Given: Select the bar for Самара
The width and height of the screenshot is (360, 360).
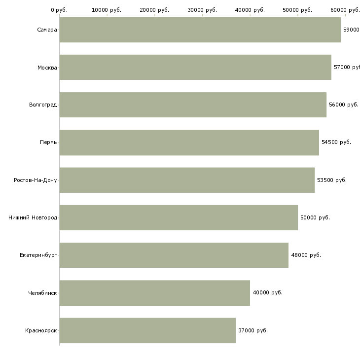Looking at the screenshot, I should (200, 30).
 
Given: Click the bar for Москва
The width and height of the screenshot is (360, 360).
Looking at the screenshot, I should (195, 67).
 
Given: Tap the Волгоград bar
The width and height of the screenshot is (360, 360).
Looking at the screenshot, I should (193, 105).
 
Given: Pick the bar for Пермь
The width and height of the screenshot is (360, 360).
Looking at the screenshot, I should (189, 143).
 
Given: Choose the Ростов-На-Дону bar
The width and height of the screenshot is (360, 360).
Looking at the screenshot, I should (187, 180).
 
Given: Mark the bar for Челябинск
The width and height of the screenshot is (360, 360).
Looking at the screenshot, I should (154, 293).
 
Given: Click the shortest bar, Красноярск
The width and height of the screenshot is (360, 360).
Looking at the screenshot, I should (147, 330).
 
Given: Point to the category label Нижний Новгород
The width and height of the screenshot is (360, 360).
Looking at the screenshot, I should (33, 217).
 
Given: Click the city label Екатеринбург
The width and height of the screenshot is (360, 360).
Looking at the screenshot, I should (38, 255).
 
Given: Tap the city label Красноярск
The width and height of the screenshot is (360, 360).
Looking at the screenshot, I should (41, 330).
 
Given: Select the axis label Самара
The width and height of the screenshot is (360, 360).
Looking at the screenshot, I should (47, 30).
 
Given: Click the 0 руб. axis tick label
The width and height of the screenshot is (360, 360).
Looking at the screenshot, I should (59, 9).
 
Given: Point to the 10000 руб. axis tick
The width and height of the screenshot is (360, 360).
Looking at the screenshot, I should (107, 9).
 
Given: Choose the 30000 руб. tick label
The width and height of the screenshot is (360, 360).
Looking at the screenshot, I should (202, 9).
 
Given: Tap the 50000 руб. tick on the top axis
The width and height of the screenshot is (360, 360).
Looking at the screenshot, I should (297, 9).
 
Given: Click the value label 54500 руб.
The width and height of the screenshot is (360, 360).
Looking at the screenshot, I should (336, 142).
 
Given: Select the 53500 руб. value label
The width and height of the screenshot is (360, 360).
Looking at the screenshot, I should (331, 180).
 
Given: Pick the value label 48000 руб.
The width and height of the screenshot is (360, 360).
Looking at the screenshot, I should (306, 255).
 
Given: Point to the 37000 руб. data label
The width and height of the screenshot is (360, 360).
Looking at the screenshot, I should (252, 330).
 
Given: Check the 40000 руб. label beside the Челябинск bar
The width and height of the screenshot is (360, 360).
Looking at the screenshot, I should (267, 292).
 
